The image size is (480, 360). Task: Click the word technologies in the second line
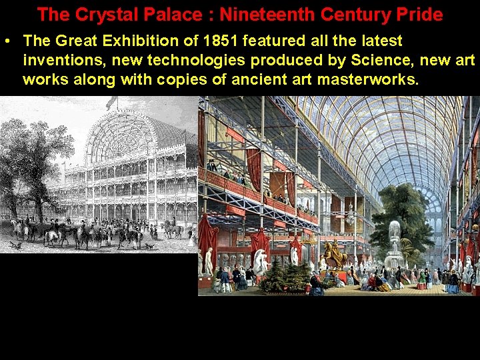click(x=150, y=61)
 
